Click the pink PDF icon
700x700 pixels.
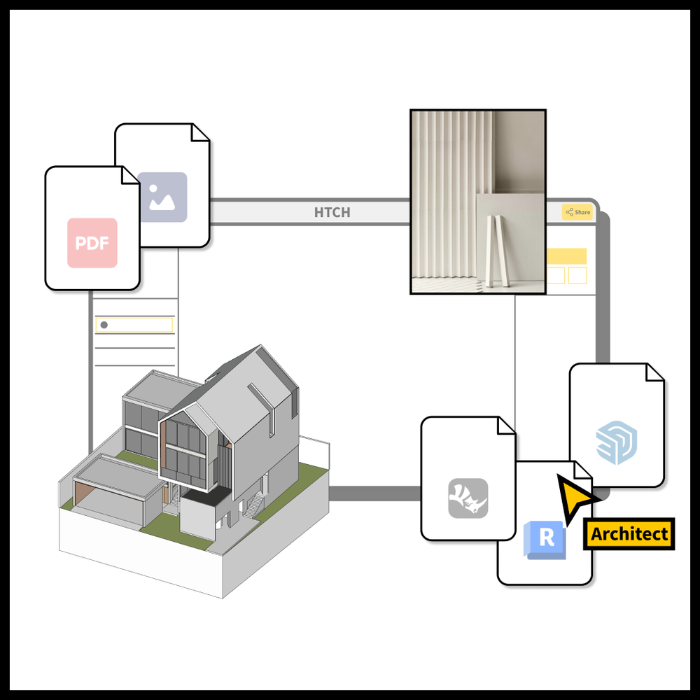coord(92,243)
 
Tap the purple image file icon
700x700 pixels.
coord(163,197)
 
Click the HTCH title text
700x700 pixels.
coord(332,213)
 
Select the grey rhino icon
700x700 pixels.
coord(468,498)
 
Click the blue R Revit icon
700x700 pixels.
coord(545,539)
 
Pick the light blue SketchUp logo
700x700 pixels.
coord(617,442)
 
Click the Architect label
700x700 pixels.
coord(629,534)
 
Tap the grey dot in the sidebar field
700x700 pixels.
coord(104,325)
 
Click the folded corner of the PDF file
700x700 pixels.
coord(130,175)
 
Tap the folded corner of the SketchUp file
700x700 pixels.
coord(655,372)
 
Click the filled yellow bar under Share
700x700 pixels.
coord(566,256)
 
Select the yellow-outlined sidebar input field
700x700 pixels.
coord(134,325)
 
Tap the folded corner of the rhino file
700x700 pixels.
coord(506,426)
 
